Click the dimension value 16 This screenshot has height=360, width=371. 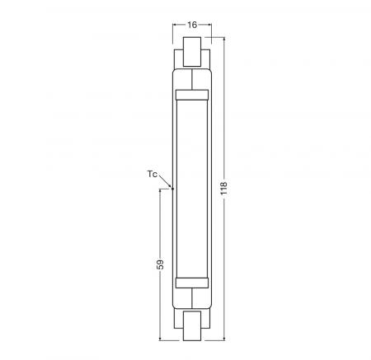pos(191,26)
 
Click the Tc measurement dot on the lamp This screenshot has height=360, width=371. pos(172,189)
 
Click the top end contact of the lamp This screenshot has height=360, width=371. pos(191,53)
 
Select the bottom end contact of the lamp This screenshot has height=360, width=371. pos(191,325)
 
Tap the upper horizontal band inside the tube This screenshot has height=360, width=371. pos(191,96)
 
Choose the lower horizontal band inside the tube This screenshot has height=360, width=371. pos(191,283)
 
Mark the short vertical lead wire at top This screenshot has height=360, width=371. pos(191,80)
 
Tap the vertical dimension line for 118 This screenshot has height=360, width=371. pos(223,124)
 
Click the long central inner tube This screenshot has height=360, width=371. pos(191,189)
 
